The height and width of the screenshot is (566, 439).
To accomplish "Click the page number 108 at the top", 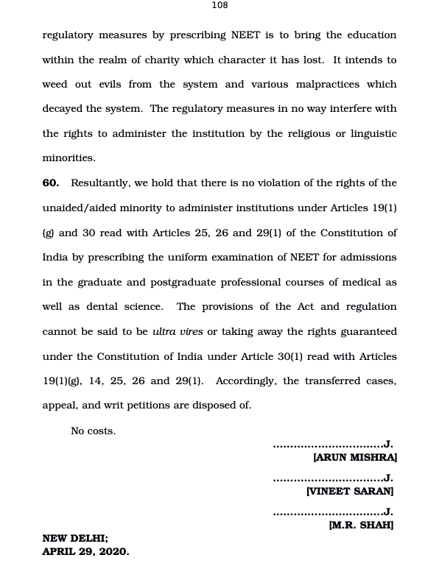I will click(219, 5).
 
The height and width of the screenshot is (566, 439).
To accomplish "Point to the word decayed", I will click(62, 109).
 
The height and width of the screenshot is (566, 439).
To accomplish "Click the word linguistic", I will click(370, 134).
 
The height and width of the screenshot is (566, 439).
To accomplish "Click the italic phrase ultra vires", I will click(178, 332).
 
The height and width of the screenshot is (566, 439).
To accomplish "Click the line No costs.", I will click(93, 431).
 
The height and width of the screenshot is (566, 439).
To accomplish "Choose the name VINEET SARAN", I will click(350, 491).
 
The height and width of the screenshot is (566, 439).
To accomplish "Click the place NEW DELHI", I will click(75, 538).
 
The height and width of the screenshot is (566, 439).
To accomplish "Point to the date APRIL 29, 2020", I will click(85, 551).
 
